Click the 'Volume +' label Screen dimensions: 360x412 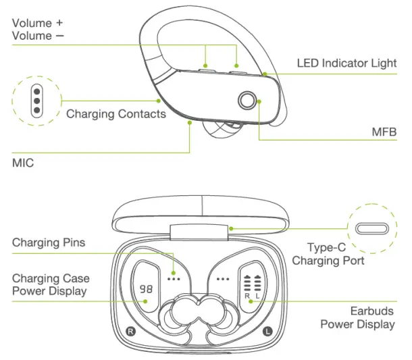tap(41, 23)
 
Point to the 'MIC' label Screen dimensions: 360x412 tap(24, 163)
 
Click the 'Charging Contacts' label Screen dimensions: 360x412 tap(115, 114)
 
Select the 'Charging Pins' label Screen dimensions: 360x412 tap(49, 242)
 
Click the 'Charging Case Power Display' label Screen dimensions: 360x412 tap(50, 284)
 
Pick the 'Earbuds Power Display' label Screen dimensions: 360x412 tap(357, 317)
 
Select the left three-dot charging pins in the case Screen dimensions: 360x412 tap(174, 278)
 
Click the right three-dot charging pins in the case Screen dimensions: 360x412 tap(223, 278)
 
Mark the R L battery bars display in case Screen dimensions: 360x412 tap(252, 288)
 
